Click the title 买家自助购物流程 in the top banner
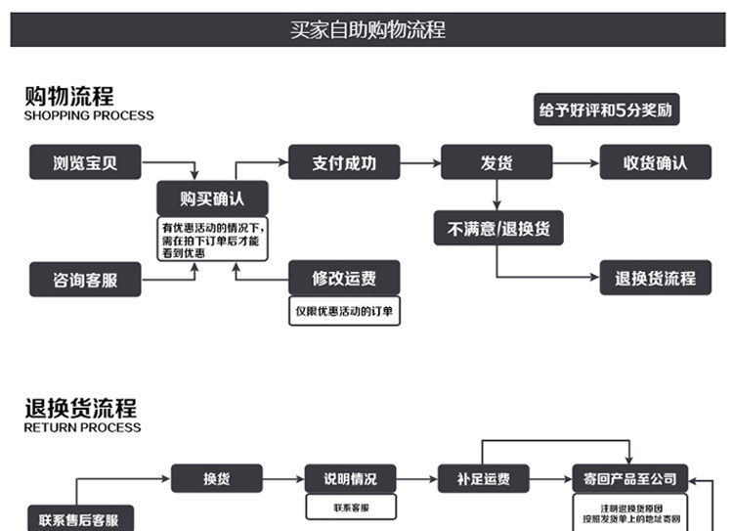(366, 29)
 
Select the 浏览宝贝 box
(85, 162)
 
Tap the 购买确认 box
(212, 199)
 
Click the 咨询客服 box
(85, 280)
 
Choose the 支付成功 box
(344, 162)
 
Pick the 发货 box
(496, 162)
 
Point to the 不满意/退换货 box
(498, 229)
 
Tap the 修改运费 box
(344, 279)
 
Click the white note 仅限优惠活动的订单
(344, 312)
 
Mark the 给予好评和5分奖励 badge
(607, 110)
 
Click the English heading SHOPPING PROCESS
(89, 115)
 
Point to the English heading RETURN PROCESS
(82, 427)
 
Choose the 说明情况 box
(351, 479)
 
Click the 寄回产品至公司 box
(629, 479)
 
